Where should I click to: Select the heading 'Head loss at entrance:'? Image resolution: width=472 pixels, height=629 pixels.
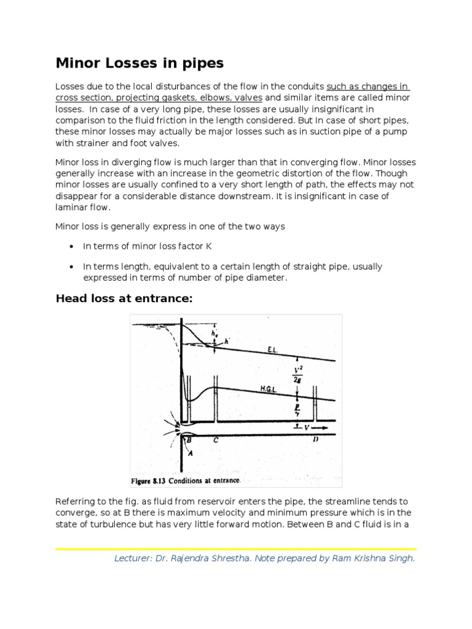point(125,299)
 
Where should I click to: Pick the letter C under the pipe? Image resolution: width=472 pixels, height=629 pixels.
point(215,440)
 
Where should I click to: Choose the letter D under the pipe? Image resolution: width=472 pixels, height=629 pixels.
point(315,440)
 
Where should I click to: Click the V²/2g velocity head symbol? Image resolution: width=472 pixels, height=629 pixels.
point(297,375)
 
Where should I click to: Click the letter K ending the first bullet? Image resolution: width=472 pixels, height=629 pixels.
point(209,246)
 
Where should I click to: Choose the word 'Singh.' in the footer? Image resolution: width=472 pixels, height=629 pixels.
point(402,559)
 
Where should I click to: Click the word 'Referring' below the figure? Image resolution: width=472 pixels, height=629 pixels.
point(75,502)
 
